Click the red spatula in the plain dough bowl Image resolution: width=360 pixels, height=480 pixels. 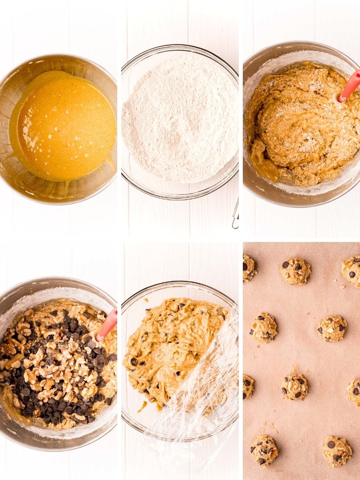[x=349, y=86]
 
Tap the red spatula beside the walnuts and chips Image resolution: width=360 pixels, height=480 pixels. [x=108, y=324]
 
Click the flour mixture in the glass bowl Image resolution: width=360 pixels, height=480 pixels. [x=180, y=120]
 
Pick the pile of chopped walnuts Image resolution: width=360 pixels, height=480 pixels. [x=60, y=360]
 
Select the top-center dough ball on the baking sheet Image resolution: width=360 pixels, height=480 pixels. [x=296, y=271]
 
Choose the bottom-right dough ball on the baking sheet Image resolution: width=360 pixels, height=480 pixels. [x=337, y=451]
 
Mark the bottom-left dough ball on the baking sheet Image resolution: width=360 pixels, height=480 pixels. [x=264, y=450]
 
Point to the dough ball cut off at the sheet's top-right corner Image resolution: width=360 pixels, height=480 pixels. [x=352, y=271]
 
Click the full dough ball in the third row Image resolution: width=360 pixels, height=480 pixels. [x=294, y=386]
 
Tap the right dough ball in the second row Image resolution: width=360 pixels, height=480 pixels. [x=332, y=328]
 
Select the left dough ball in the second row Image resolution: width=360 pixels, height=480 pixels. [x=263, y=328]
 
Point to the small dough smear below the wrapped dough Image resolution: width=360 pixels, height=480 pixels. [x=142, y=407]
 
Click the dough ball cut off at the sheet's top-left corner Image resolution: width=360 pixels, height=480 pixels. [x=248, y=268]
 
